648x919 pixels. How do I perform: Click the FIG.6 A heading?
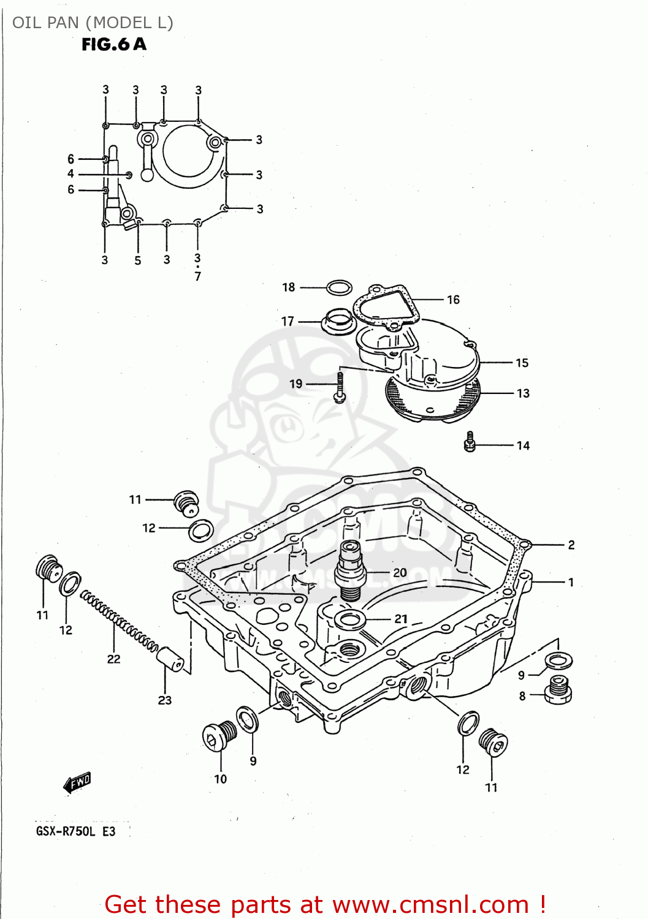pos(114,44)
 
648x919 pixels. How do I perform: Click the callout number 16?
pos(453,300)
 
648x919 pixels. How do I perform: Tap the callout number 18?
pos(289,287)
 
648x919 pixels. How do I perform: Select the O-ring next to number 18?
pos(339,287)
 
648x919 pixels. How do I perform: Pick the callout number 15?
pos(522,363)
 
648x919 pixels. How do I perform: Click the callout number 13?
pos(523,393)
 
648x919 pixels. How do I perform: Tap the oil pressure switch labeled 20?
pos(351,570)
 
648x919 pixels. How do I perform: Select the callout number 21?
pos(401,619)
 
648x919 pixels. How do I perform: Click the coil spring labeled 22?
pos(120,620)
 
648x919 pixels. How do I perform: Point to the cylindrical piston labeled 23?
pos(170,659)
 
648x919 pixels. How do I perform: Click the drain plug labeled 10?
pos(219,735)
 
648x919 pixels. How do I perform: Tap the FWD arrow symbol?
pos(78,782)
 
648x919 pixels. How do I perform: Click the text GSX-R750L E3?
pos(75,831)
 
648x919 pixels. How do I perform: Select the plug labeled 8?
pos(558,690)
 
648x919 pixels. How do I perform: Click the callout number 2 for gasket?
pos(571,545)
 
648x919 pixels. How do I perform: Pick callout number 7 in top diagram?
pos(197,277)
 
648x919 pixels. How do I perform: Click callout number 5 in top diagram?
pos(138,260)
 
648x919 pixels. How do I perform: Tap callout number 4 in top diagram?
pos(71,174)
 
